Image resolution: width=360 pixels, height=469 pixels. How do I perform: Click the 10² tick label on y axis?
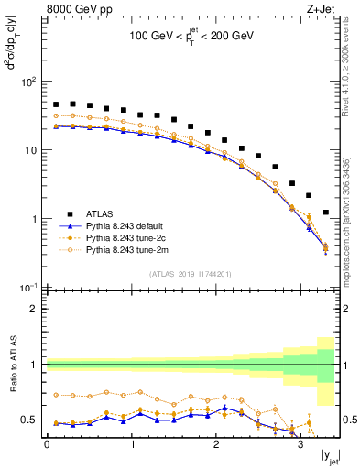coord(29,82)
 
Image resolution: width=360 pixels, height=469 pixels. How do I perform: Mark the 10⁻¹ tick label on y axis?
coord(29,288)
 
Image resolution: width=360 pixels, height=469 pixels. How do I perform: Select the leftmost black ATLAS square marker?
coord(56,104)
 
